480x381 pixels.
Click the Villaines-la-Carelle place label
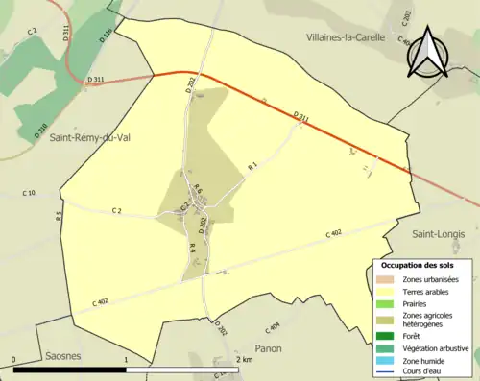(x=344, y=37)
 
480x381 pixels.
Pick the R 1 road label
(x=253, y=167)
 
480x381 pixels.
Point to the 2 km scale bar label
(x=245, y=359)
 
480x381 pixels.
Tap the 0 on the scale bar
(x=14, y=359)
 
